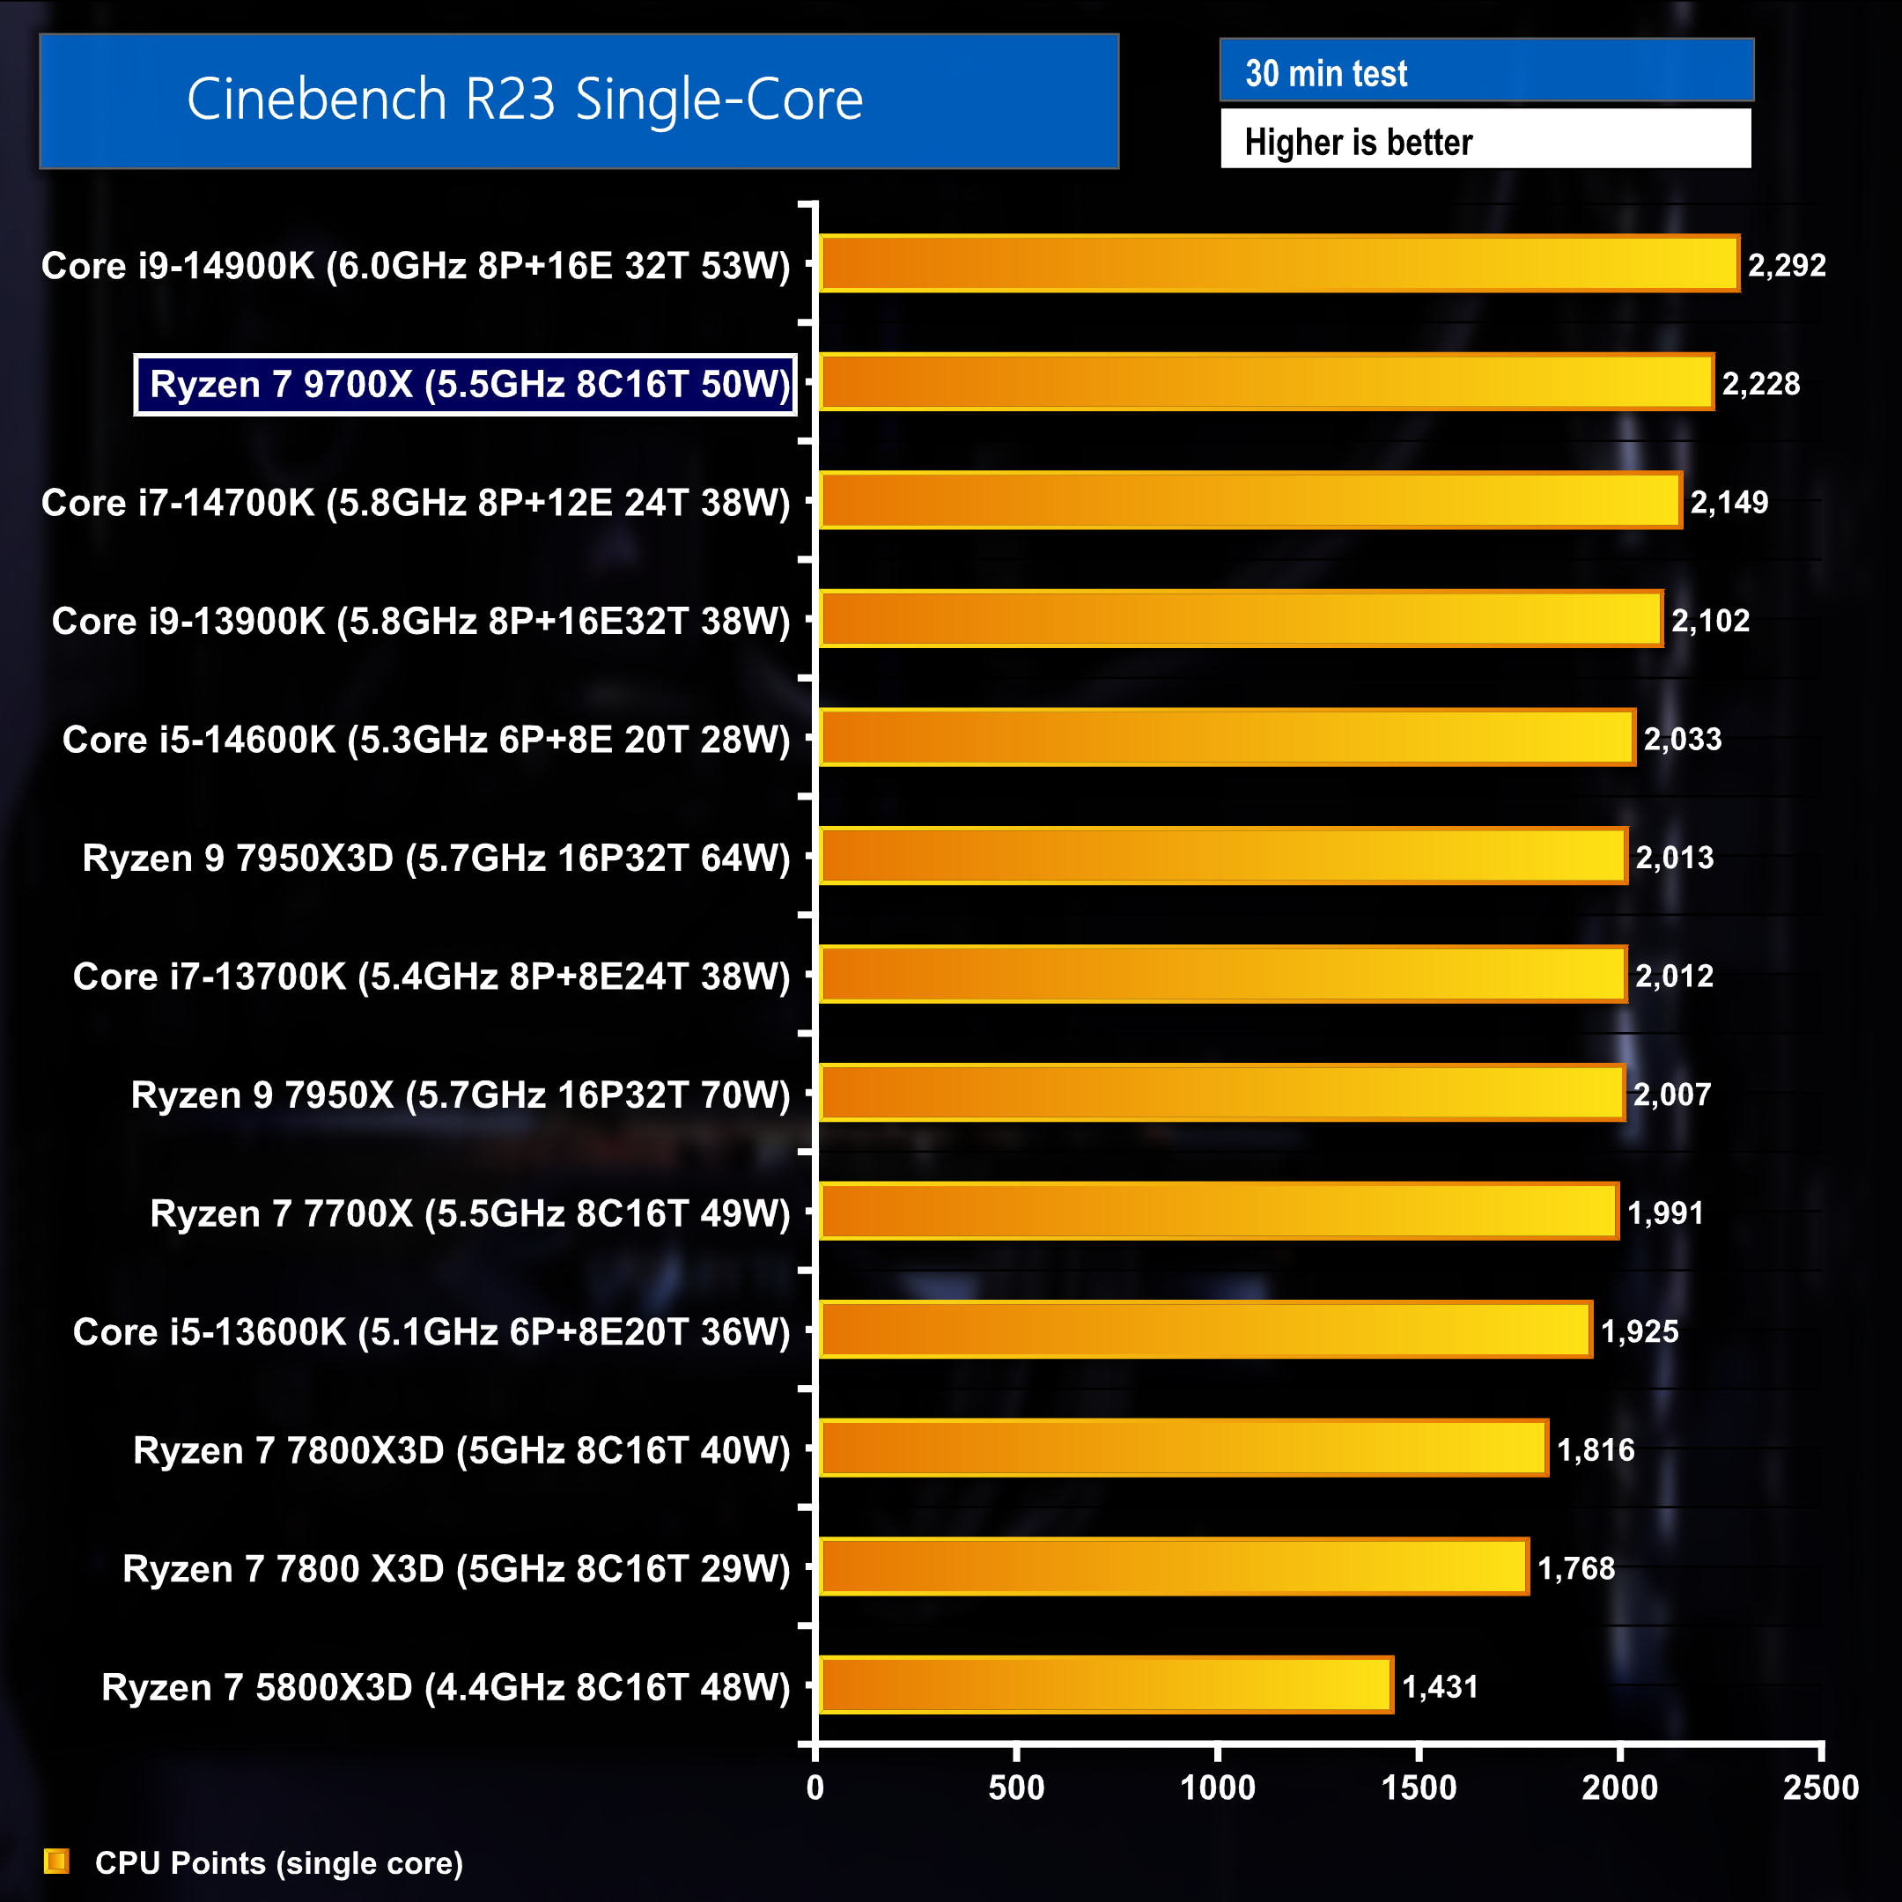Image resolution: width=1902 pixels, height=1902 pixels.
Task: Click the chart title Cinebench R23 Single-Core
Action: [525, 100]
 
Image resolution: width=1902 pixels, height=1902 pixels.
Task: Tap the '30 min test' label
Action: [1325, 73]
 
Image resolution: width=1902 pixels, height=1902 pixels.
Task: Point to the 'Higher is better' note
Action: [1358, 142]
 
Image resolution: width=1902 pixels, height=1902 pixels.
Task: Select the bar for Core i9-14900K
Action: [1279, 264]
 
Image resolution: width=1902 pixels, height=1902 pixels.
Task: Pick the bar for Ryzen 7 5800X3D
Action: [1106, 1685]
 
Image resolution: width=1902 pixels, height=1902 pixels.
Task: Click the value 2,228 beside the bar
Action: [1760, 384]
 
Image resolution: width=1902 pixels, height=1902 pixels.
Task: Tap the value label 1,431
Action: [1440, 1687]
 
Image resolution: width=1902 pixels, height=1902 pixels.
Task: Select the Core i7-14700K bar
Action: [1250, 501]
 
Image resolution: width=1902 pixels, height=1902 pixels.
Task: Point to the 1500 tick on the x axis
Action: [1418, 1788]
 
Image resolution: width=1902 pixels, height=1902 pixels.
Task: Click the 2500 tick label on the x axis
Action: [1820, 1788]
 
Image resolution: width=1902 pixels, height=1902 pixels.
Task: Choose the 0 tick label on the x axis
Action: [815, 1788]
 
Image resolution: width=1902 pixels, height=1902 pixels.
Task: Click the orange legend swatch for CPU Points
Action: [57, 1861]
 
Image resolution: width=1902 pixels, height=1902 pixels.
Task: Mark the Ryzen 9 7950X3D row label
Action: [436, 858]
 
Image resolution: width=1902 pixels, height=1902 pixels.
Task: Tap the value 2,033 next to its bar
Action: [1683, 740]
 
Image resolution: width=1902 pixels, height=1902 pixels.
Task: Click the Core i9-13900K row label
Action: [420, 621]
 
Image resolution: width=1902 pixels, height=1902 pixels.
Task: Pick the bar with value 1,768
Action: [1174, 1567]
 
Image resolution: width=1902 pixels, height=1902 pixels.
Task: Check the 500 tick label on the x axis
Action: [1016, 1788]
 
